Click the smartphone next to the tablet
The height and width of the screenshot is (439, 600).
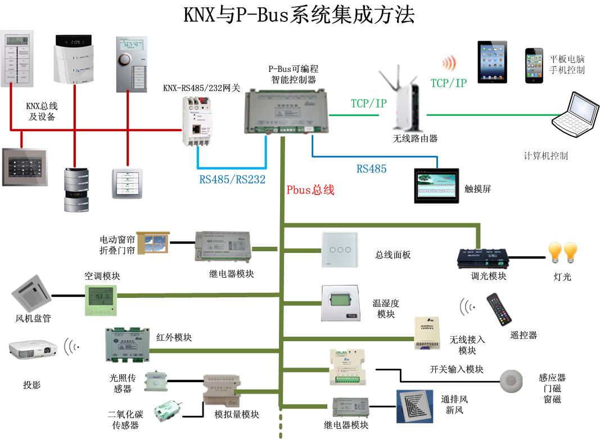click(534, 65)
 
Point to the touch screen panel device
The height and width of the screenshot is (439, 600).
click(436, 185)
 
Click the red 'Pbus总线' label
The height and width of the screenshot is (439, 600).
click(310, 190)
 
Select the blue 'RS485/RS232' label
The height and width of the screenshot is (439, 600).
click(232, 180)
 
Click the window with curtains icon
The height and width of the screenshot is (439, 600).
click(154, 243)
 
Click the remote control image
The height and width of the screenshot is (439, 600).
click(499, 310)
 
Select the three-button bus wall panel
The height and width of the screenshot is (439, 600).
click(339, 249)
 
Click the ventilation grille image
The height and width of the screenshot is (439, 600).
click(417, 406)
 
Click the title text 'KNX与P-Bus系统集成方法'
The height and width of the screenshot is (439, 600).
click(299, 15)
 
